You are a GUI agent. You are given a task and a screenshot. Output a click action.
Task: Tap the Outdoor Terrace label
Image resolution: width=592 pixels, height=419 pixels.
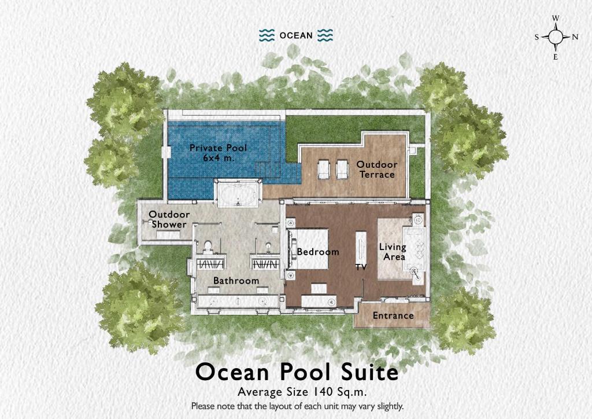tap(376, 170)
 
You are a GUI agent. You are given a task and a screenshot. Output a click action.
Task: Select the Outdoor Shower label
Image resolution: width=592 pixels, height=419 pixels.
tap(169, 219)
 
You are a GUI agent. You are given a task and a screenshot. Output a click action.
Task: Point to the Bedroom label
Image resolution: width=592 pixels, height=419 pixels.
tap(317, 252)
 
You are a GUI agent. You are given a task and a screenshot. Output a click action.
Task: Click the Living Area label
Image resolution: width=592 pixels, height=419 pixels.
tap(393, 252)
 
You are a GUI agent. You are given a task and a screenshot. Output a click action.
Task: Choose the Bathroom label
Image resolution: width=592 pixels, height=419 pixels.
tap(236, 281)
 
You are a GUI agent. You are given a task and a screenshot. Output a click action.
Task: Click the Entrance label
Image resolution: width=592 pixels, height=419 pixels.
tap(393, 315)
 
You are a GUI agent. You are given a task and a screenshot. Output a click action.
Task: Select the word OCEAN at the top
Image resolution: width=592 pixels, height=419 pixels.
tap(296, 35)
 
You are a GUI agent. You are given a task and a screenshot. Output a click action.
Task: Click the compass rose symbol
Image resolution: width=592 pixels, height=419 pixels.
tap(556, 37)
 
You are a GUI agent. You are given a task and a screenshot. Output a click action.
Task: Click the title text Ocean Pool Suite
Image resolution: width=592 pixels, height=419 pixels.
tap(297, 372)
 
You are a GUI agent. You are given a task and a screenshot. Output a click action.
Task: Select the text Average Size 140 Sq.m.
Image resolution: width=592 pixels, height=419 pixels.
tap(297, 392)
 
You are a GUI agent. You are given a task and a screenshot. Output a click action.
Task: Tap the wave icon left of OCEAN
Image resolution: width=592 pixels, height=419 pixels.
tap(266, 35)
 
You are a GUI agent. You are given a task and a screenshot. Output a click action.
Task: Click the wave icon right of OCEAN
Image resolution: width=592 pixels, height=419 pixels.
tap(325, 35)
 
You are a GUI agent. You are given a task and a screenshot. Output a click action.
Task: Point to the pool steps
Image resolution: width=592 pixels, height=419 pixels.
tap(268, 170)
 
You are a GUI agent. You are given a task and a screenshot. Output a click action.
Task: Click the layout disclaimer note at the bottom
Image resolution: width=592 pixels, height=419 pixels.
tap(297, 406)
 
